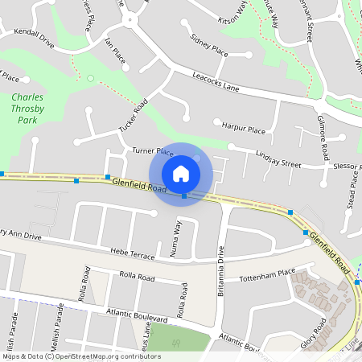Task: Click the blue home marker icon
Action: point(181,174)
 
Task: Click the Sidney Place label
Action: point(208,47)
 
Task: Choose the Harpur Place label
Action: point(244,127)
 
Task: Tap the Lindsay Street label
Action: point(278,158)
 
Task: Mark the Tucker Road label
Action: point(134,118)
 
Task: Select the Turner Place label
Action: point(153,150)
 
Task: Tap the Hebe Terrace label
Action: point(133,254)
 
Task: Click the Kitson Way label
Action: point(233,13)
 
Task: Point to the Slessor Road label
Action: point(347,165)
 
